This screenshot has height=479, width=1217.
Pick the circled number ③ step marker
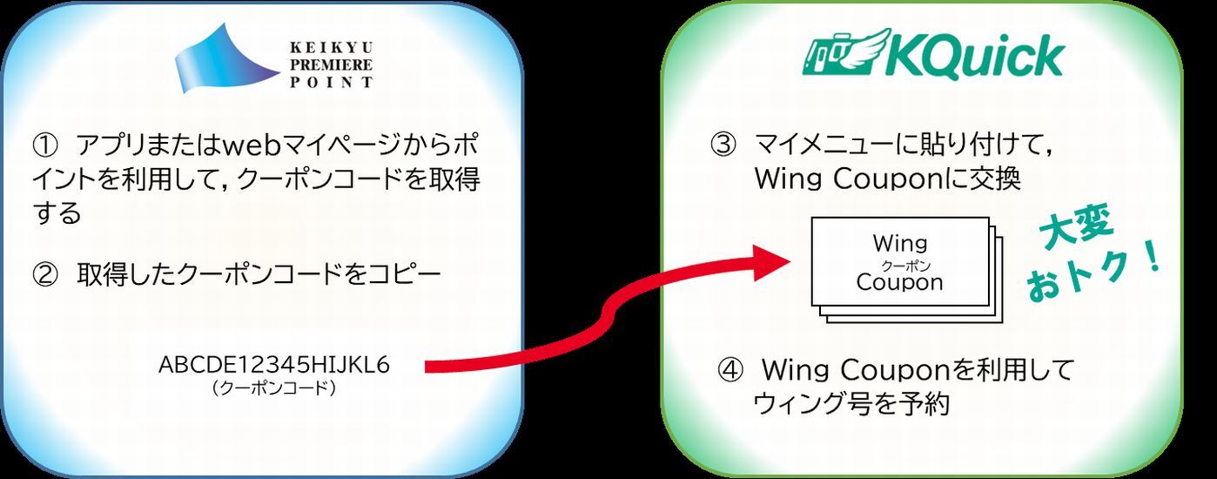[x=724, y=144]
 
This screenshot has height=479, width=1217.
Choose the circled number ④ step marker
[x=730, y=370]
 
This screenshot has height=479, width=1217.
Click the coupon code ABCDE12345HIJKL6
[x=274, y=365]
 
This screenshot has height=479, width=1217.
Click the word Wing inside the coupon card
[x=899, y=242]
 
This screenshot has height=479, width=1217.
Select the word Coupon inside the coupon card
[x=899, y=282]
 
